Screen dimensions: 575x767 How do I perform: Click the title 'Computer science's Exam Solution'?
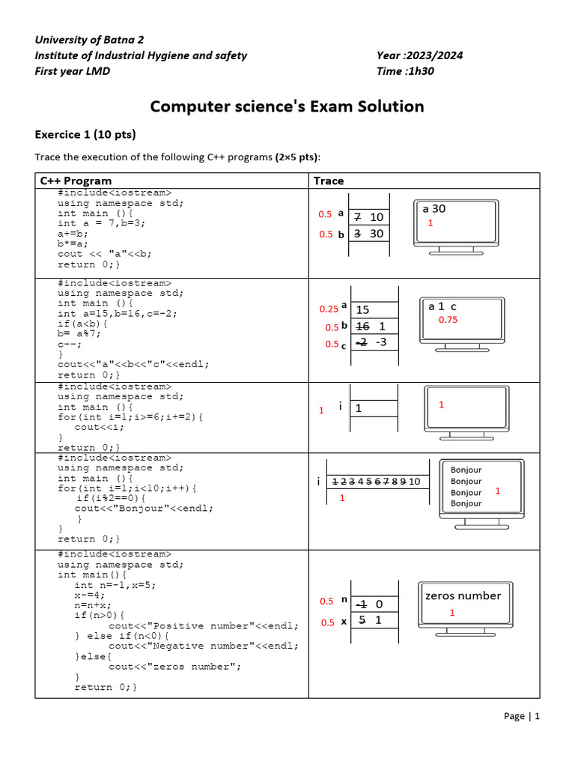point(287,106)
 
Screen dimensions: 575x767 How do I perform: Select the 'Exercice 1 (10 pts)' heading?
point(85,135)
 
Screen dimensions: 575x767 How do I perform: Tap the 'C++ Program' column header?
point(76,181)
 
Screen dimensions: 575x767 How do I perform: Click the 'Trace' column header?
point(329,181)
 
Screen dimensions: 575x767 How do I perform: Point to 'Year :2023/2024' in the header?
point(420,55)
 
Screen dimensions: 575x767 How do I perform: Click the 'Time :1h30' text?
point(406,71)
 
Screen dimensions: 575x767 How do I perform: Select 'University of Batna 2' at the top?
point(89,40)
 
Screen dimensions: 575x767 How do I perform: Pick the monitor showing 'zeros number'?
point(463,606)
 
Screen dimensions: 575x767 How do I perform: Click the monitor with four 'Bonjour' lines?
point(479,491)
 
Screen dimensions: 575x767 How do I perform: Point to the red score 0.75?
point(448,320)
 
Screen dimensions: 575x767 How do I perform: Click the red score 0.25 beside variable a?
point(329,309)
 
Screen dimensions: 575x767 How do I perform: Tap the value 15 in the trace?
point(363,309)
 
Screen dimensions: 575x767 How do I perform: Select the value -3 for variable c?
point(380,342)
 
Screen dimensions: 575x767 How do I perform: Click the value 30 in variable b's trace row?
point(377,234)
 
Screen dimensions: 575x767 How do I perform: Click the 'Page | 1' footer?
point(521,716)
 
